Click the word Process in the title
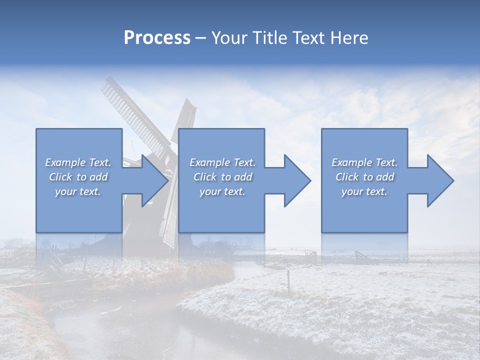click(157, 38)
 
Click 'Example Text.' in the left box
click(78, 162)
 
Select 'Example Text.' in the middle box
click(222, 162)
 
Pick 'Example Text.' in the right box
click(364, 162)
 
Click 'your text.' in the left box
click(78, 191)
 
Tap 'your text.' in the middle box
click(222, 191)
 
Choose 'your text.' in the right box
click(364, 191)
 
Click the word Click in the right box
click(347, 177)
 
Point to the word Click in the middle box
click(205, 177)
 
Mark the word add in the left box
click(99, 177)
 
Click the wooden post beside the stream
click(288, 280)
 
